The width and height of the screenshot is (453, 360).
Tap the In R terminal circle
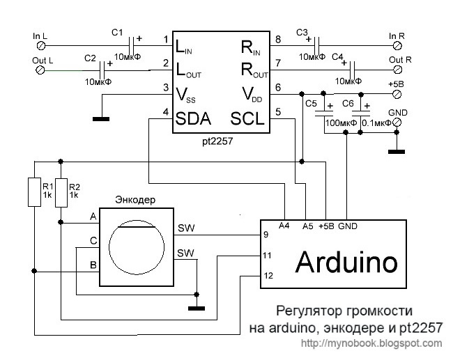[x=397, y=45]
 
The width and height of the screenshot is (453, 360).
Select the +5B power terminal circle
[x=397, y=95]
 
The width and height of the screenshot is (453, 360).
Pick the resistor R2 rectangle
[x=61, y=191]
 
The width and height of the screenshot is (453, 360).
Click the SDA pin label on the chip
[x=192, y=118]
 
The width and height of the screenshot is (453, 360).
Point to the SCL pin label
[x=248, y=118]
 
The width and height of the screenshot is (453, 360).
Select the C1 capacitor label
[x=117, y=32]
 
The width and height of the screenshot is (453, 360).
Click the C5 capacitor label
[x=310, y=103]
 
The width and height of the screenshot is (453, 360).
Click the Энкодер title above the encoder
[x=135, y=200]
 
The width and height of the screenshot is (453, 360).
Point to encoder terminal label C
[x=93, y=240]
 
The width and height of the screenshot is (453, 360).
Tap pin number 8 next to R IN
[x=278, y=39]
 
